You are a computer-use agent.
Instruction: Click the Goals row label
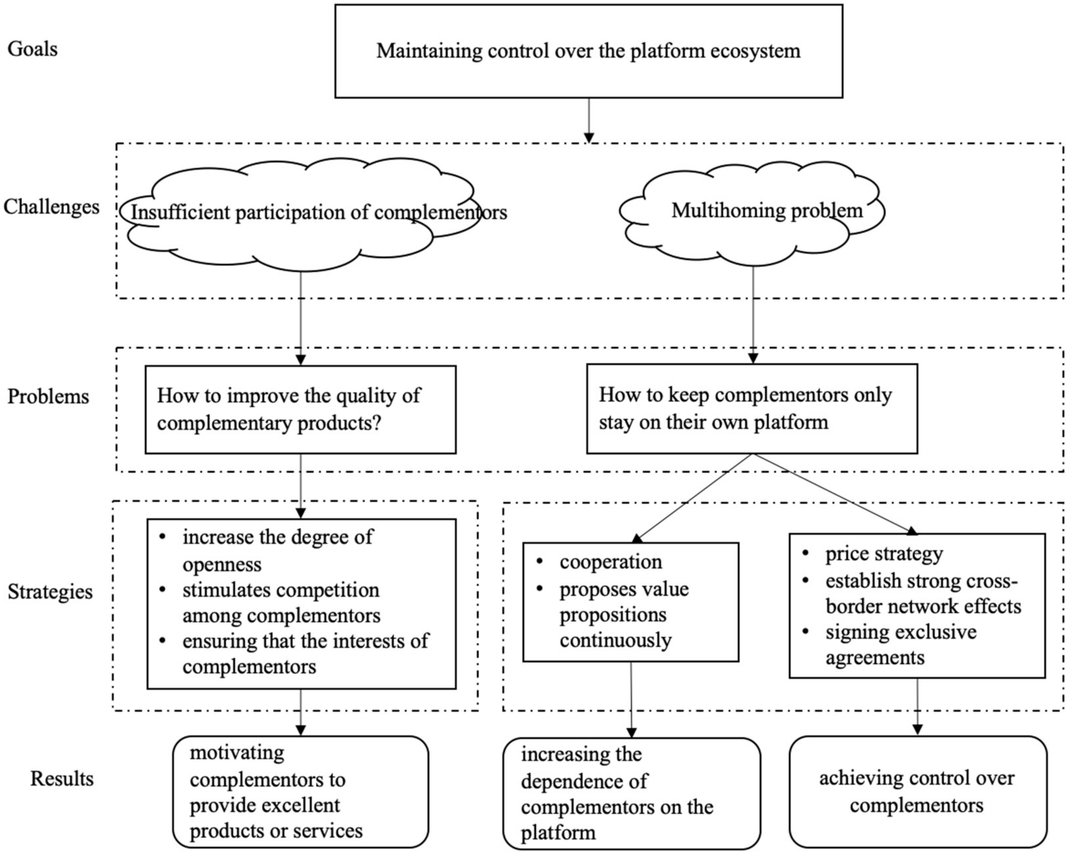[x=32, y=49]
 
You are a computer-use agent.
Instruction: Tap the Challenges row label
[x=51, y=206]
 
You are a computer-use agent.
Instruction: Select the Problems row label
[x=48, y=396]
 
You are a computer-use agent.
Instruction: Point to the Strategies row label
[x=50, y=591]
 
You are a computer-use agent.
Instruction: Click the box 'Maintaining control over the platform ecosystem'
[x=588, y=51]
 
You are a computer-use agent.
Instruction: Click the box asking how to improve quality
[x=300, y=409]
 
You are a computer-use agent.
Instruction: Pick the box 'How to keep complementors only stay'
[x=751, y=409]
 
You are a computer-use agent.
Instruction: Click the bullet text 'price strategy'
[x=883, y=554]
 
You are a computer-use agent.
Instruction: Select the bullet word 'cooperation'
[x=610, y=562]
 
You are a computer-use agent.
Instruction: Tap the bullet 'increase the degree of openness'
[x=278, y=550]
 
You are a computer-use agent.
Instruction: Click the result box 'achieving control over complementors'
[x=917, y=792]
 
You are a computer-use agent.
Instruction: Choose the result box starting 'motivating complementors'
[x=300, y=792]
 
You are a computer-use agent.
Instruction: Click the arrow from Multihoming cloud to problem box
[x=753, y=313]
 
